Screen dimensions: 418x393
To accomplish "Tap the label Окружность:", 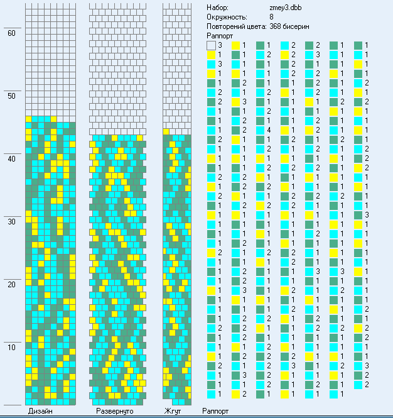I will pyautogui.click(x=227, y=17).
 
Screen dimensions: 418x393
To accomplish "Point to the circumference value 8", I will pyautogui.click(x=271, y=17).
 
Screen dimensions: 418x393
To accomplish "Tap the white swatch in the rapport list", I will pyautogui.click(x=211, y=46).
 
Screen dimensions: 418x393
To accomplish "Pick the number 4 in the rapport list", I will pyautogui.click(x=268, y=129).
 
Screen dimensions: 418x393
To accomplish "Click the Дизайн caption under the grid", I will pyautogui.click(x=40, y=411).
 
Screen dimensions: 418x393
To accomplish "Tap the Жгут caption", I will pyautogui.click(x=173, y=411).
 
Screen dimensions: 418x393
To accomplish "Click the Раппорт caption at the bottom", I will pyautogui.click(x=215, y=411).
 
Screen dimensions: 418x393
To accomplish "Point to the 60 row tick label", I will pyautogui.click(x=11, y=33).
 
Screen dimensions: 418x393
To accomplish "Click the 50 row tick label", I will pyautogui.click(x=11, y=96).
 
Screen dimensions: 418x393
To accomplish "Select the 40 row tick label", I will pyautogui.click(x=11, y=159).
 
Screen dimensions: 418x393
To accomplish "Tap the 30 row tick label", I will pyautogui.click(x=11, y=222).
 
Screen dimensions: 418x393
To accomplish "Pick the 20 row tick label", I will pyautogui.click(x=11, y=285).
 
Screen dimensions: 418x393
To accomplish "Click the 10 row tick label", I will pyautogui.click(x=11, y=348).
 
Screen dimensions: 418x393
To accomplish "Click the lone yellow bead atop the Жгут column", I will pyautogui.click(x=166, y=131).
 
